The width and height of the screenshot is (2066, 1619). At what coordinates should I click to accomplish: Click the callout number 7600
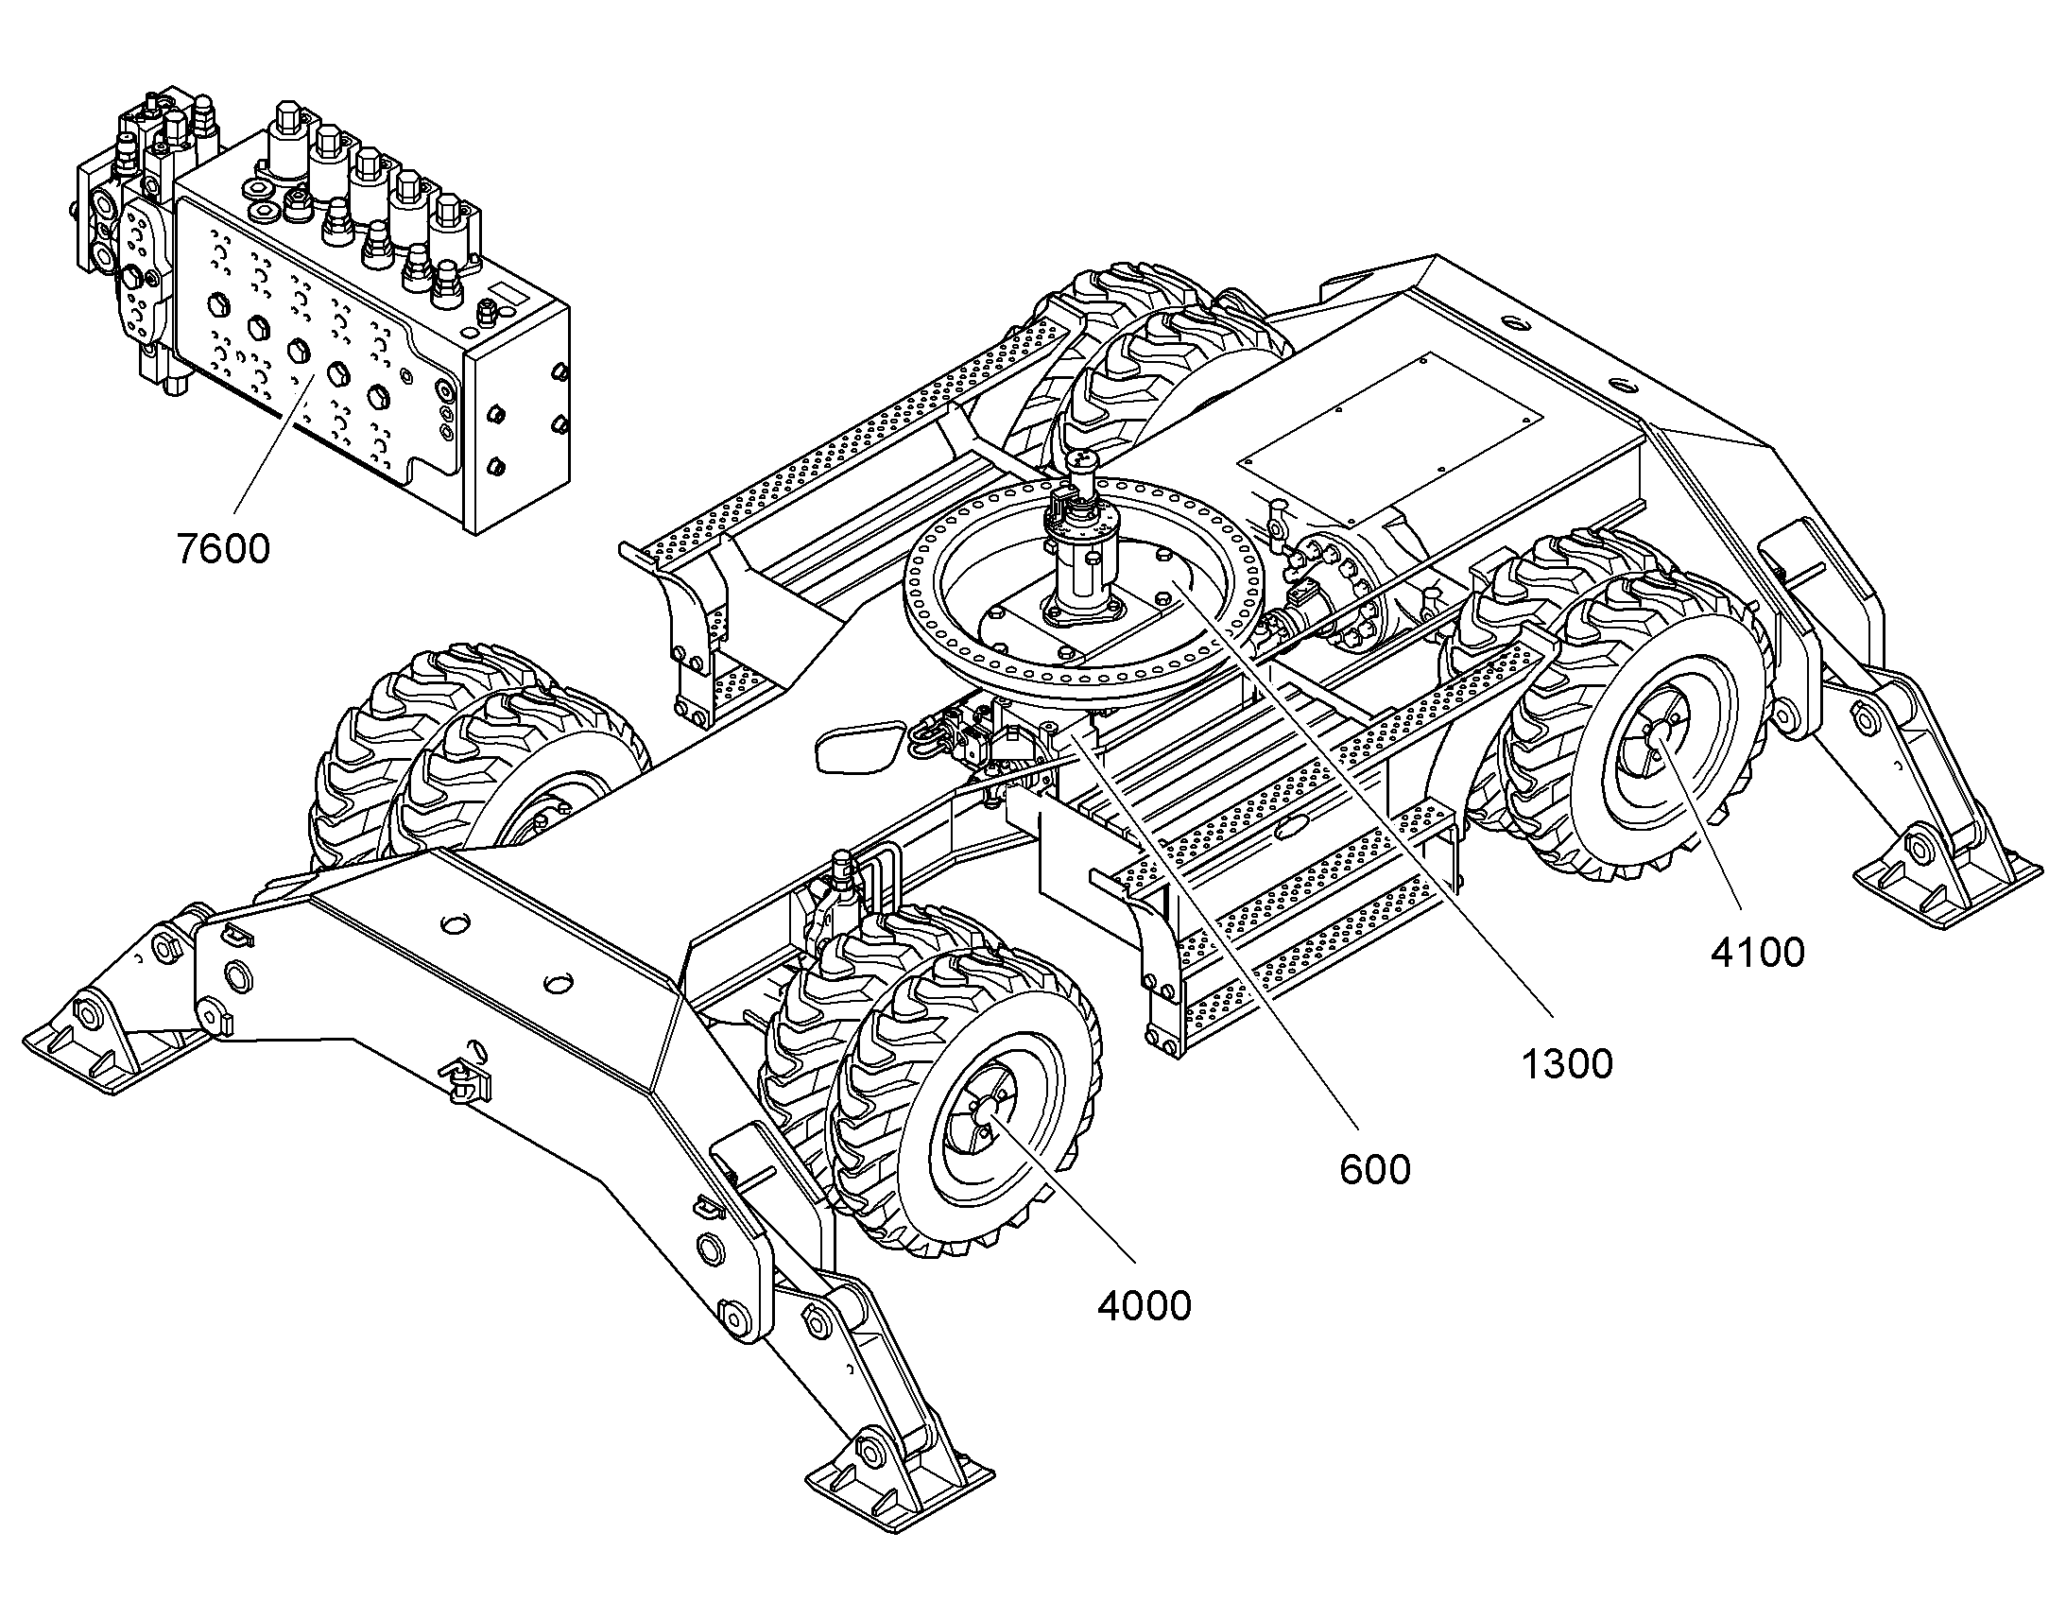tap(224, 549)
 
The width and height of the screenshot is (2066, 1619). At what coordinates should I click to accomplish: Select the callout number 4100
tap(1757, 953)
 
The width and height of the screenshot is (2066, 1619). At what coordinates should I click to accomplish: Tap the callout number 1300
tap(1567, 1064)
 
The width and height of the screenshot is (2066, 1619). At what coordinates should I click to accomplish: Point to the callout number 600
tap(1375, 1170)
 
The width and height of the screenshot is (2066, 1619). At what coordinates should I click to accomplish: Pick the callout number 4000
tap(1144, 1306)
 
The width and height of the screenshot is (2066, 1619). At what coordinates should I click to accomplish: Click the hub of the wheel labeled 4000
tap(990, 1106)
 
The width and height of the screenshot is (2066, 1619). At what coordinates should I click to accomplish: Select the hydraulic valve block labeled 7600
tap(322, 313)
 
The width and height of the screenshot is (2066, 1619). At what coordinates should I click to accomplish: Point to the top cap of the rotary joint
tap(1082, 462)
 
